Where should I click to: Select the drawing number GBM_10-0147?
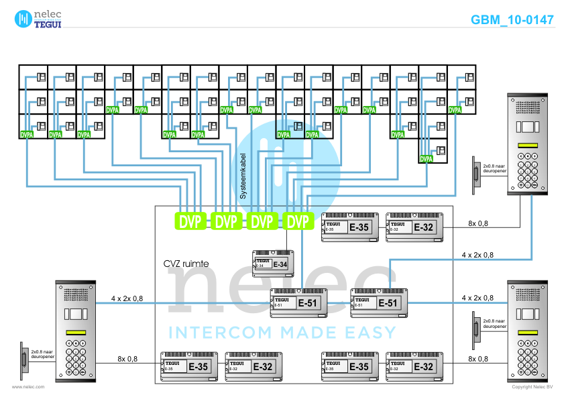[x=512, y=19]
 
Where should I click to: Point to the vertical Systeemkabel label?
[x=243, y=176]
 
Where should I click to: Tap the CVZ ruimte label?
[x=186, y=264]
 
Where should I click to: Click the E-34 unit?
[x=273, y=264]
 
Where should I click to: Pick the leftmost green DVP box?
[x=190, y=221]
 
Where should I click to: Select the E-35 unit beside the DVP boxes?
[x=350, y=227]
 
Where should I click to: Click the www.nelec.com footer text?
[x=28, y=387]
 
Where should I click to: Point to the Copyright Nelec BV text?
[x=532, y=387]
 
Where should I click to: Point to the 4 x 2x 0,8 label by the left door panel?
[x=127, y=298]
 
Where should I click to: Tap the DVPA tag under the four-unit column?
[x=427, y=160]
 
